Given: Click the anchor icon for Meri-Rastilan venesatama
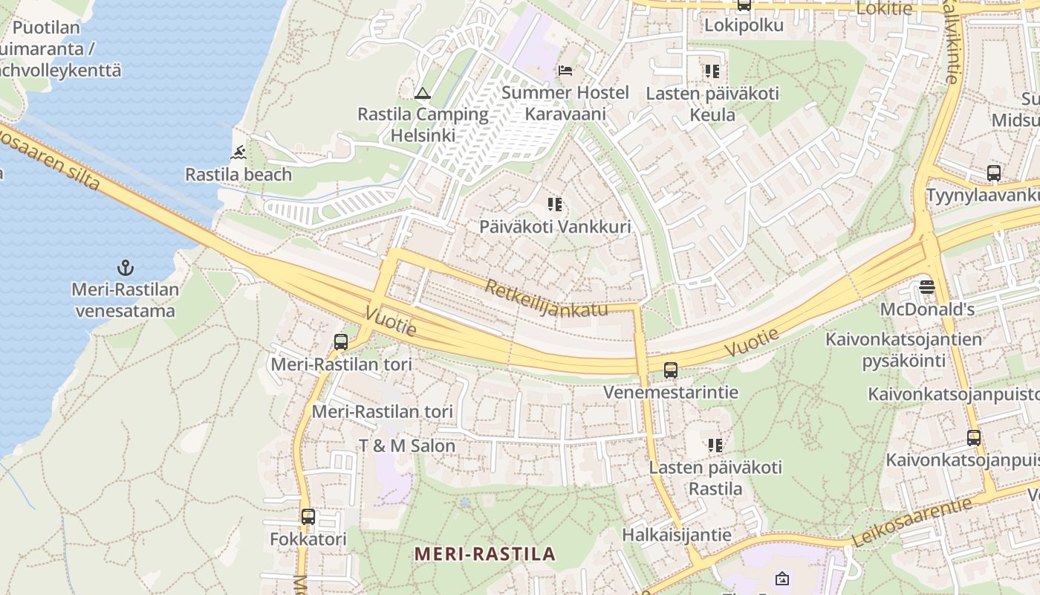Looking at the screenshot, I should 126,267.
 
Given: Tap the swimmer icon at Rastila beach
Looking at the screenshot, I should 238,153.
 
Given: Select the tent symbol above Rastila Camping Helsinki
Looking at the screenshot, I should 423,93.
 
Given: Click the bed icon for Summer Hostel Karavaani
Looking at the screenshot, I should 565,71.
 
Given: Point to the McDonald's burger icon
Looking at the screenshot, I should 926,286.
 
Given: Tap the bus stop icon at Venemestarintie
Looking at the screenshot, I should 670,370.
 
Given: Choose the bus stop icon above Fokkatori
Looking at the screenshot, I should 308,516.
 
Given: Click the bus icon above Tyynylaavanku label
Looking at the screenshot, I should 994,173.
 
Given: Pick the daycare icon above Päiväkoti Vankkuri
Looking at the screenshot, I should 555,205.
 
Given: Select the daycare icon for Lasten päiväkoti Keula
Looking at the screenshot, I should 712,71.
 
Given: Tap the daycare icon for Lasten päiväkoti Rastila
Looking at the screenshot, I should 715,446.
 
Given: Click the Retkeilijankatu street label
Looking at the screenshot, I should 547,298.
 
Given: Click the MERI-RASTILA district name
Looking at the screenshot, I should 485,554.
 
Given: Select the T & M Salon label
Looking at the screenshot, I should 407,446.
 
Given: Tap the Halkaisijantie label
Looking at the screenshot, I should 676,535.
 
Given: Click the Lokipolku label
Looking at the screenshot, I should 744,25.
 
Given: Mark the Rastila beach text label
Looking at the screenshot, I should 238,175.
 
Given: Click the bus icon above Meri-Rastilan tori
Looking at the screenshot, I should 341,342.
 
